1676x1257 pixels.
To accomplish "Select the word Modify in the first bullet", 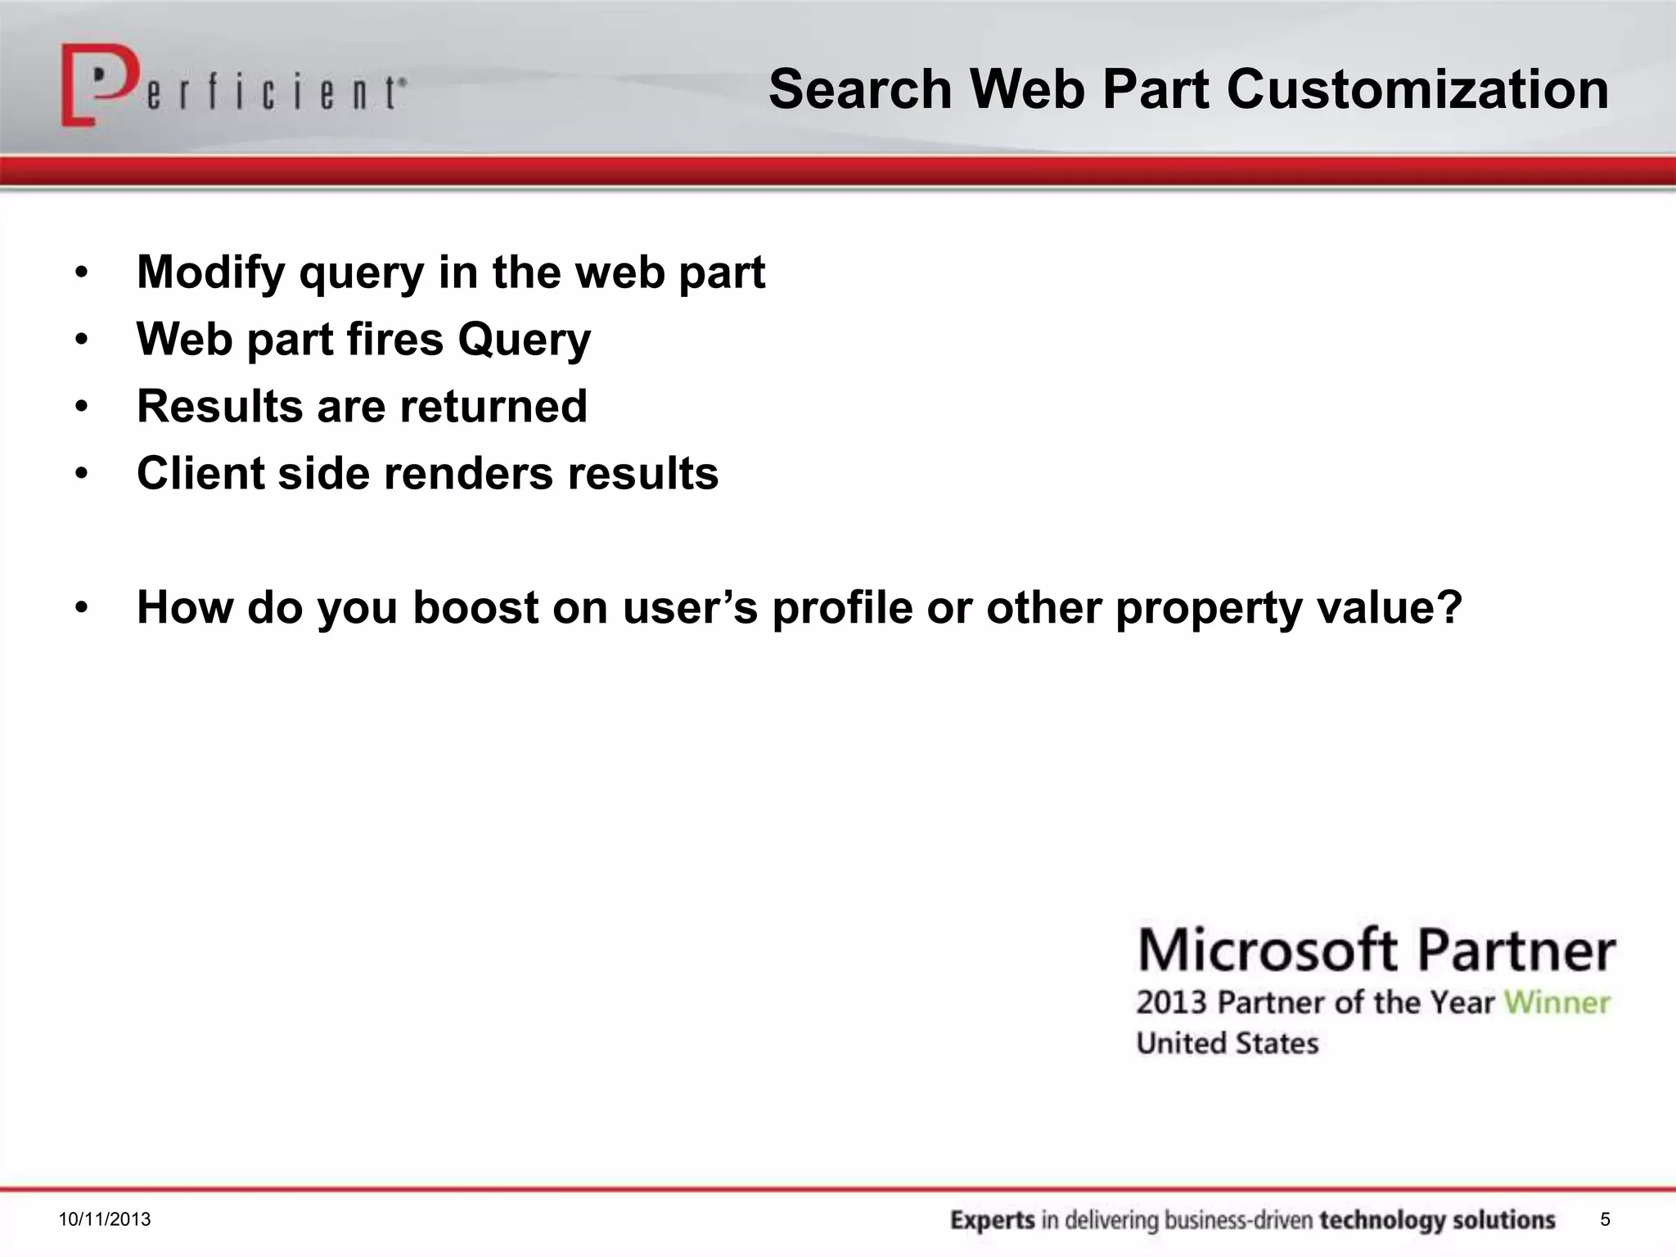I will pos(211,273).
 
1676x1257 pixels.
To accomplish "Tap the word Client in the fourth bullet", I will pos(200,473).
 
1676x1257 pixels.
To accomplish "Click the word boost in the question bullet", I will pos(475,607).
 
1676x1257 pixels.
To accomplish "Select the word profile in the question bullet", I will pos(842,609).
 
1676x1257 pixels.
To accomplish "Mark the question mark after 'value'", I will pos(1449,607).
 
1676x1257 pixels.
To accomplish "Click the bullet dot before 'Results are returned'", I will pos(81,407).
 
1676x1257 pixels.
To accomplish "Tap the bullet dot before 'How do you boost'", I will pos(81,608).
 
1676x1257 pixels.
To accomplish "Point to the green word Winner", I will pos(1557,1002).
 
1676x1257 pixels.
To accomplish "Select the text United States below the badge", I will pos(1228,1043).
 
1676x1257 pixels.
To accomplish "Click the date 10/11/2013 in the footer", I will pos(105,1219).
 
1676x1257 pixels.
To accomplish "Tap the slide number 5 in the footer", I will pos(1605,1219).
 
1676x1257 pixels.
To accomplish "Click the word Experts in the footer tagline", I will pos(993,1220).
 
